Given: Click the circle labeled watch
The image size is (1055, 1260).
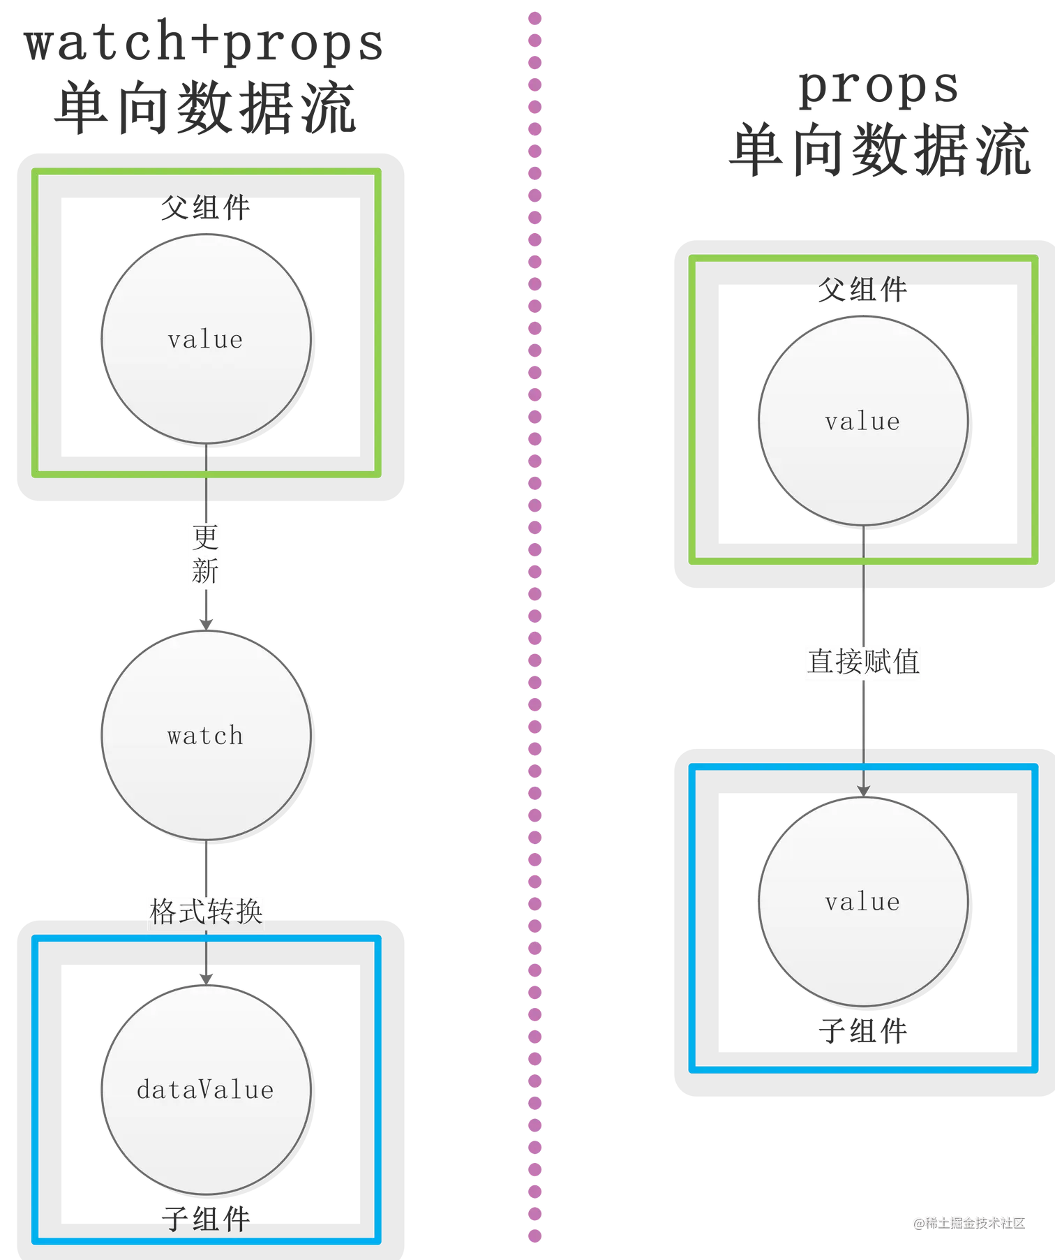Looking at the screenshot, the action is click(x=206, y=735).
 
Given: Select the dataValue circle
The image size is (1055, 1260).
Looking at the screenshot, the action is click(x=206, y=1089).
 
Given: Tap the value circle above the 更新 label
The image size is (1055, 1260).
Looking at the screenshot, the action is click(x=206, y=339).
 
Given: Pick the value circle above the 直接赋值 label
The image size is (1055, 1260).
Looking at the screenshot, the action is click(x=863, y=421).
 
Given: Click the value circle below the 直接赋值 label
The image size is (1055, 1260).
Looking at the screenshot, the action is click(x=863, y=901).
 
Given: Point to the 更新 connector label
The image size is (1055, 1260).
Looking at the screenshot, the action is click(x=204, y=555).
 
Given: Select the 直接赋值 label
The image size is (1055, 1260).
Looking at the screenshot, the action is click(x=864, y=662).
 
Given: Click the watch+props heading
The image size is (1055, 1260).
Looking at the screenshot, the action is click(x=202, y=43).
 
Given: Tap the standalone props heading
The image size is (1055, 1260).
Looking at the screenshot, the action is click(x=878, y=89).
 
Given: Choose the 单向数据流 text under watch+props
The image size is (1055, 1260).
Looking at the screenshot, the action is click(x=204, y=108).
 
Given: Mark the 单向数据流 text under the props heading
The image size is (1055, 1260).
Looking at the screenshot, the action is click(x=878, y=149).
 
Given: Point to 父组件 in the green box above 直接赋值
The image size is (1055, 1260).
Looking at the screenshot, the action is click(x=863, y=291).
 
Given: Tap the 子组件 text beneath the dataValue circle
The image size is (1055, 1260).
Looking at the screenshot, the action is click(x=206, y=1216).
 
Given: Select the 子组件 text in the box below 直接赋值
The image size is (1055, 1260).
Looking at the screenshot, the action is click(x=864, y=1032).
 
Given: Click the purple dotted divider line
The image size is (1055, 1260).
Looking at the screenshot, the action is click(x=535, y=628).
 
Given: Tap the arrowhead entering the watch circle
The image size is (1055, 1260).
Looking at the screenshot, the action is click(x=206, y=621).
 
